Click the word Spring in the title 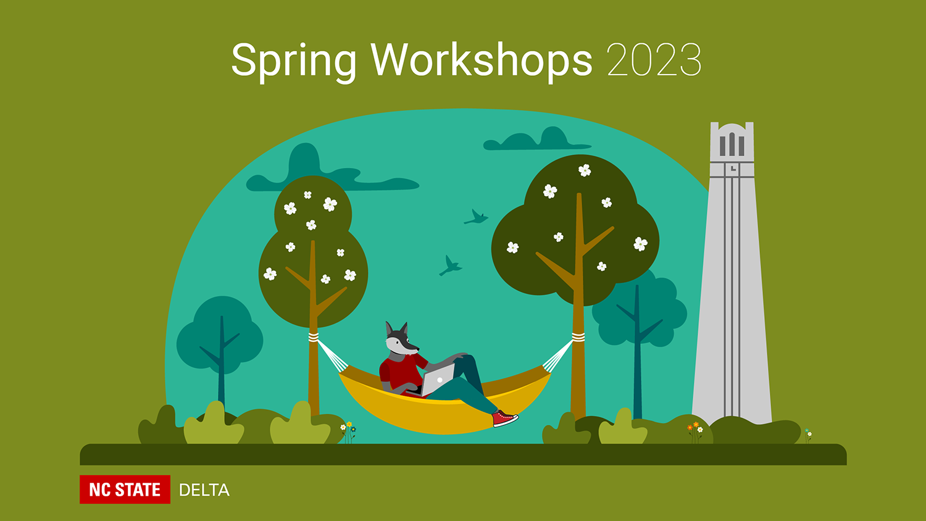click(293, 62)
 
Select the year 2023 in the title click(654, 60)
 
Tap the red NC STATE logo click(125, 489)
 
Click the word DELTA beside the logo click(204, 490)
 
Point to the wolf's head click(400, 339)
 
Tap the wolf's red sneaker click(504, 419)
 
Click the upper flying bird click(476, 217)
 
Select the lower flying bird click(450, 266)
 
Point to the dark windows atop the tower click(732, 144)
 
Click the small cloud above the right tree click(538, 140)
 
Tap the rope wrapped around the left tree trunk click(314, 337)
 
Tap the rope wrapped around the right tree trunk click(578, 337)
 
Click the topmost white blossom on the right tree click(585, 170)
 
